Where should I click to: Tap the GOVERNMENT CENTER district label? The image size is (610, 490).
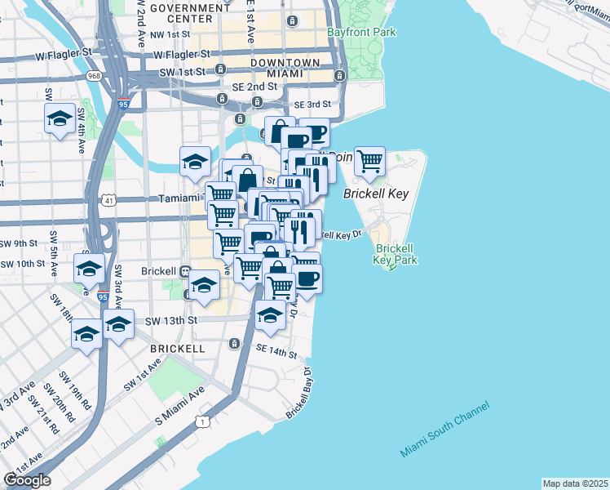190,13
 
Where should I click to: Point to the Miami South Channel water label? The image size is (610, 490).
444,430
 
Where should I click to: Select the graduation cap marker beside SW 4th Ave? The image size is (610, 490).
60,119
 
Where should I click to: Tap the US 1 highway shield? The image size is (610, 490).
202,421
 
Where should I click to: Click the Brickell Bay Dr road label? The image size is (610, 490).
300,394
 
